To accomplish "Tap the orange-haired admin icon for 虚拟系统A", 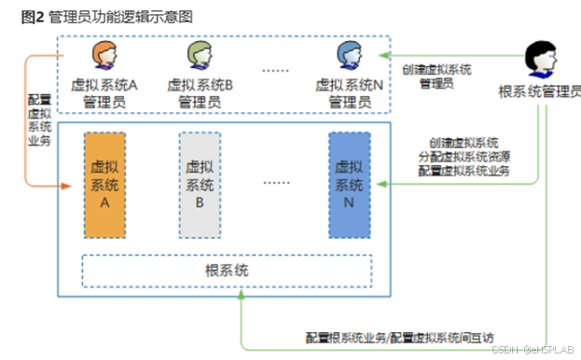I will click(x=104, y=55).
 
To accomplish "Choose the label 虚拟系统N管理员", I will click(x=347, y=92).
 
